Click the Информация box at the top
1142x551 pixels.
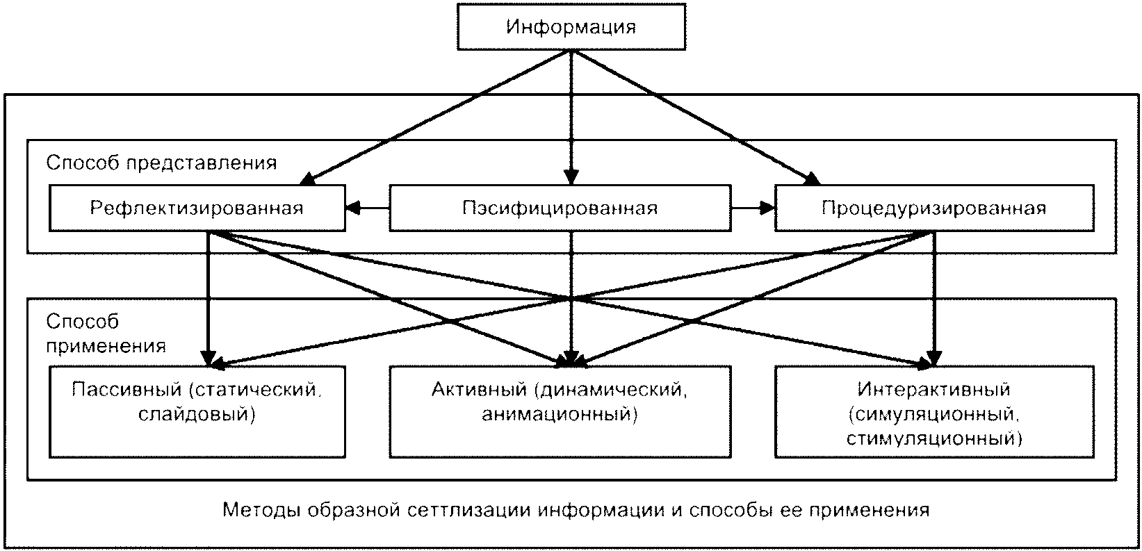(571, 28)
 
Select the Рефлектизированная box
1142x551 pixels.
(197, 208)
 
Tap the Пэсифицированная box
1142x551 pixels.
(560, 208)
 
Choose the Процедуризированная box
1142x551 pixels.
(933, 208)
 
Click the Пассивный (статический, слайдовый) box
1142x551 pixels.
(197, 411)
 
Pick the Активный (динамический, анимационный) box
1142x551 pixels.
(560, 411)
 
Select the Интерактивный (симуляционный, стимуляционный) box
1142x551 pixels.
(933, 411)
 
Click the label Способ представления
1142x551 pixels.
(161, 162)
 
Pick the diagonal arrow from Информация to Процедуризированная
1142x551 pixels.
(695, 118)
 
